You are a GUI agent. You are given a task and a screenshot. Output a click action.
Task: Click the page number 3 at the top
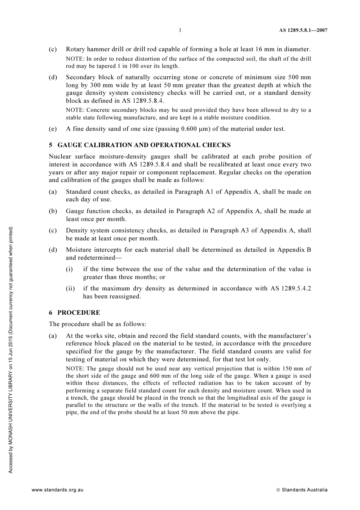pos(180,30)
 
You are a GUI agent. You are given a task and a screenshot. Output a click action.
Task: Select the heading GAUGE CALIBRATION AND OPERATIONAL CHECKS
pos(144,145)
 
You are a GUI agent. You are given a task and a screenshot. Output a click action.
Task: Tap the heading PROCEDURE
pos(78,312)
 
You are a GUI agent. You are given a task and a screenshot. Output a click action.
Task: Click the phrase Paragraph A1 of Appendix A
pos(217,191)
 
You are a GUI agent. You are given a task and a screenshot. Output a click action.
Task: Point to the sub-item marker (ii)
pos(70,288)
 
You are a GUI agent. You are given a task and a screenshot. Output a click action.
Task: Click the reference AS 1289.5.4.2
pos(291,288)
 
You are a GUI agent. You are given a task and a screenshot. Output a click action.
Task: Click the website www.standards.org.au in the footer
pos(57,490)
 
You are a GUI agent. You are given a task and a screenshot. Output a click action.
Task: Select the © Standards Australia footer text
pos(302,490)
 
